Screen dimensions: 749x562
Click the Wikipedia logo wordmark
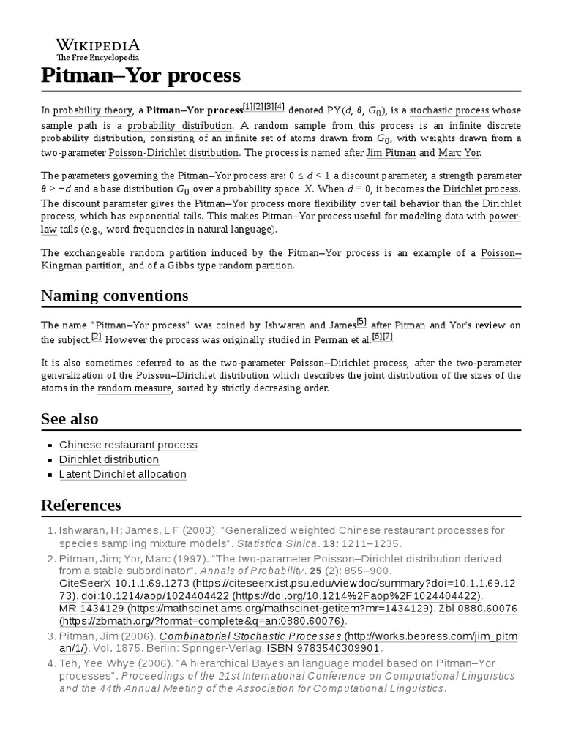(x=98, y=45)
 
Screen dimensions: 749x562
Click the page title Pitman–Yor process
(x=140, y=75)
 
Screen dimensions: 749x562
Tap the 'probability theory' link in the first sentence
(x=91, y=110)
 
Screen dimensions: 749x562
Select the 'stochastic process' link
(x=449, y=110)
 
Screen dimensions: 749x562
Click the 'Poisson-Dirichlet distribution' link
(x=173, y=152)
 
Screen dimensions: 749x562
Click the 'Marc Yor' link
(x=459, y=152)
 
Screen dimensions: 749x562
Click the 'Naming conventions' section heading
(x=114, y=296)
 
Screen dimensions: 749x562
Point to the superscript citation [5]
(x=361, y=321)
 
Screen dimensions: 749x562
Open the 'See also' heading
(x=70, y=418)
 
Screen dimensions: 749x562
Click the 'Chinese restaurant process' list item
(x=128, y=445)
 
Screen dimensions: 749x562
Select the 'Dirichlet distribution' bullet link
(x=109, y=459)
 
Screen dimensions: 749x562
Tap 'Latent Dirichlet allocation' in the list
(x=123, y=474)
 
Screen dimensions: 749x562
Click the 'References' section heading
(x=80, y=505)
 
